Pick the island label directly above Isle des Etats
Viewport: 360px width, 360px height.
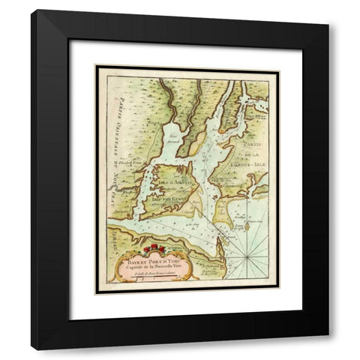[x=174, y=181]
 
